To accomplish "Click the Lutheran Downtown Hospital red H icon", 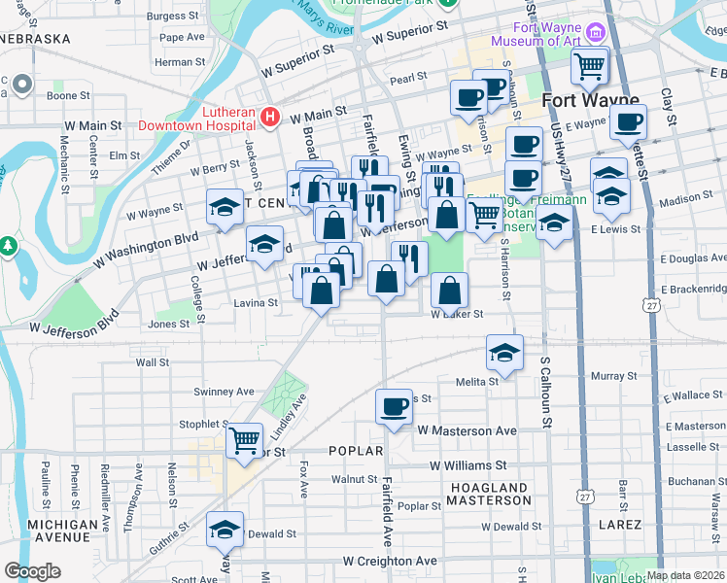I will [x=270, y=118].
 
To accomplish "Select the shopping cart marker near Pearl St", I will [x=589, y=68].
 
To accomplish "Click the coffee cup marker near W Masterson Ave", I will [x=395, y=408].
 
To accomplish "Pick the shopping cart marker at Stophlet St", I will [x=245, y=442].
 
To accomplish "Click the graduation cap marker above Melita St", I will [x=504, y=354].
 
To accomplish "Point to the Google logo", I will [x=32, y=571].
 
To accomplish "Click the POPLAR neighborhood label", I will [x=358, y=451].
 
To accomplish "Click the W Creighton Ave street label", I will [x=390, y=562].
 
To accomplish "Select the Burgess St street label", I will [x=173, y=17].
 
